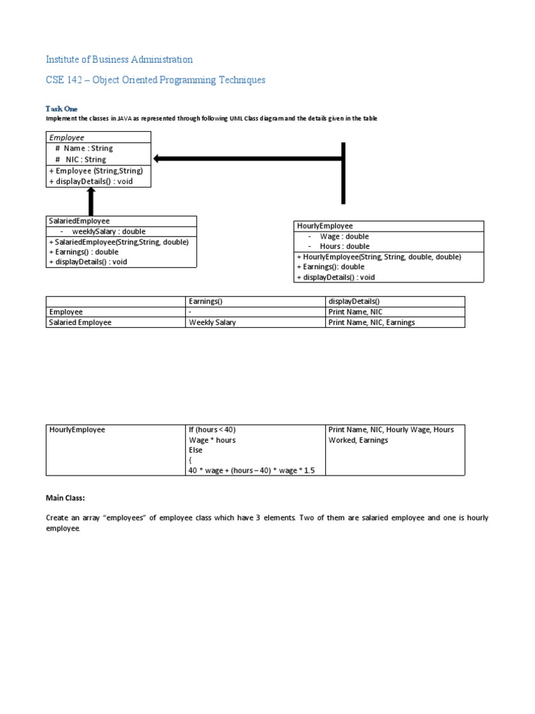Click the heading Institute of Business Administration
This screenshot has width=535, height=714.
coord(119,59)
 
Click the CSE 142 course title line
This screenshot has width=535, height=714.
coord(155,80)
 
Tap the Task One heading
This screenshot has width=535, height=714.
coord(62,109)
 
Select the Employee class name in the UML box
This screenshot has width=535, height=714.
coord(66,138)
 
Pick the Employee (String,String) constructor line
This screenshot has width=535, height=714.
coord(95,171)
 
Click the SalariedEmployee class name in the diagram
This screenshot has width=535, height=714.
coord(79,221)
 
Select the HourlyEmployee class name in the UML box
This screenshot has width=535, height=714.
coord(325,226)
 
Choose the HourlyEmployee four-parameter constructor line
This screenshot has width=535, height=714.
coord(379,257)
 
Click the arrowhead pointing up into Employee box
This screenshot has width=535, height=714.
coord(91,195)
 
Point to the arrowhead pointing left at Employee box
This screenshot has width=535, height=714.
coord(159,159)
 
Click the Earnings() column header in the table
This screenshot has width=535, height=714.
coord(206,301)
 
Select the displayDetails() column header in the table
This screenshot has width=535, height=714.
coord(354,301)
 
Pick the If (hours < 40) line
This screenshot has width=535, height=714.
coord(217,430)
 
